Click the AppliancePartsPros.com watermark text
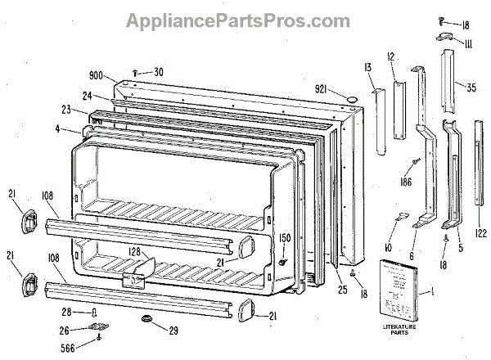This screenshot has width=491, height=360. (237, 20)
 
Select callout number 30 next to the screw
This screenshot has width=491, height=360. (157, 71)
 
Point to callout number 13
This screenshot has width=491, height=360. (368, 66)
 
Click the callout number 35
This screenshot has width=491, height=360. (470, 84)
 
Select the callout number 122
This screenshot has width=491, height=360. (481, 234)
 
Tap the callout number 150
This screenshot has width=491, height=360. (286, 238)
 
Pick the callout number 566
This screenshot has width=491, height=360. (80, 348)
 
